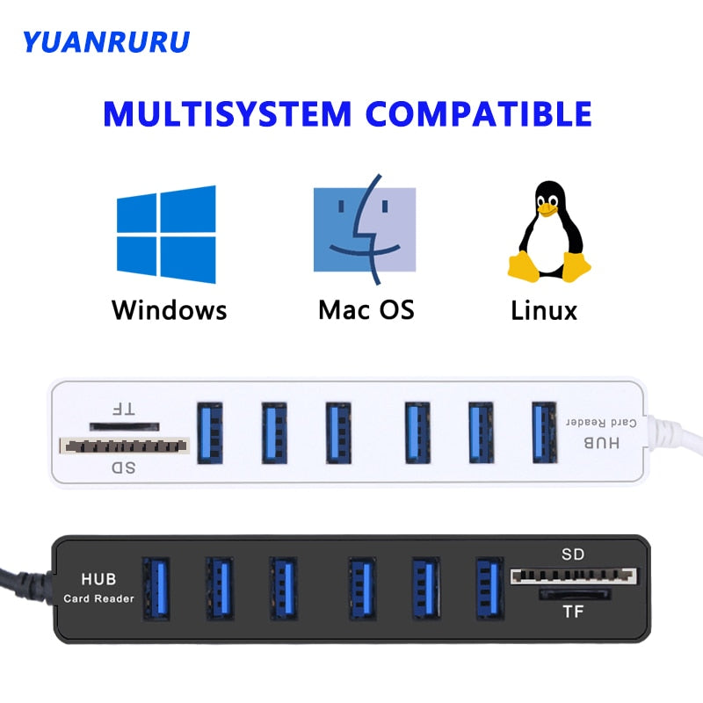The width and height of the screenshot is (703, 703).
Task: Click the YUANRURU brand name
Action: point(105,41)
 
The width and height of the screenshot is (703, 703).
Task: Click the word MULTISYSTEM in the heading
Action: point(227,114)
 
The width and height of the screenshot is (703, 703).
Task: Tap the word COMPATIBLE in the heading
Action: point(478,114)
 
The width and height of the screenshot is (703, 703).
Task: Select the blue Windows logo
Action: point(166,235)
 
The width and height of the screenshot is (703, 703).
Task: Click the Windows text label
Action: point(169,309)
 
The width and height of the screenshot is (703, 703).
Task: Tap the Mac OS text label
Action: point(366,309)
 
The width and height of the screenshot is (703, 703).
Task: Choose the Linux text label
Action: point(544,309)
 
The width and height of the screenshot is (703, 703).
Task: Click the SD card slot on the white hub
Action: point(124,446)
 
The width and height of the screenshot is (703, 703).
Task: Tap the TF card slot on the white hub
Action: point(123,424)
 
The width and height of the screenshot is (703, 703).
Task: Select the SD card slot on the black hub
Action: point(573,576)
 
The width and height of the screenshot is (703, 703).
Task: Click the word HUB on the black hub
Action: point(98,580)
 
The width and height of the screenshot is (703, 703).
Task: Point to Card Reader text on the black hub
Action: point(98,598)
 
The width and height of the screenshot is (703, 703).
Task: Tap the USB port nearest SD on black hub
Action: point(489,586)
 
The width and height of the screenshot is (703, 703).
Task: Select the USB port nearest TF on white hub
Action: point(210,431)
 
